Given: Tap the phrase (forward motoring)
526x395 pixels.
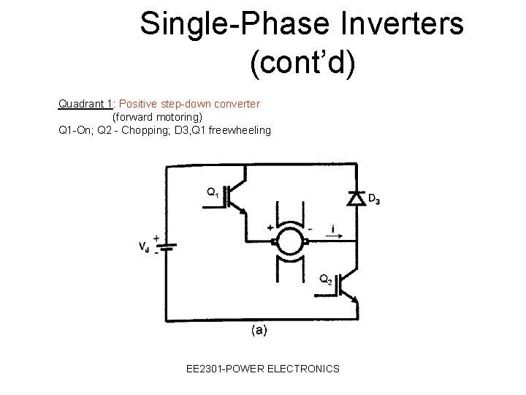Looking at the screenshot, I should [157, 117].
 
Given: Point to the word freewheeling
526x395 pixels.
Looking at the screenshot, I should [234, 130].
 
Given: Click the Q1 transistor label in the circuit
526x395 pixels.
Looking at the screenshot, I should [212, 192].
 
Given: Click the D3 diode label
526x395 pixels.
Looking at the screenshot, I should [373, 198].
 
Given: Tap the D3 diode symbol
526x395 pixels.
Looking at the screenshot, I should [356, 197].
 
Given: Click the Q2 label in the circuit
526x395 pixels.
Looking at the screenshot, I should [327, 279].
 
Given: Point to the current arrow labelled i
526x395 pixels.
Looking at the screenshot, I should [333, 231].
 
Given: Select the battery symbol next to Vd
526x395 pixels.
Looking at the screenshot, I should [165, 247].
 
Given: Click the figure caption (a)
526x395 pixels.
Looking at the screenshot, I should [259, 331].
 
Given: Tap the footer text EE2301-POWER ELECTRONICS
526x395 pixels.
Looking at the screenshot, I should [262, 369].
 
